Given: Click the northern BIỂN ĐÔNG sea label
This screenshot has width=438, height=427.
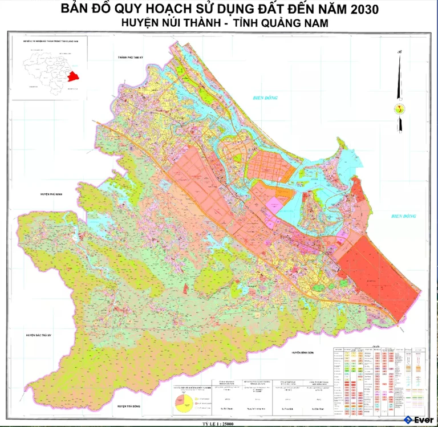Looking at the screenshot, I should click(265, 98).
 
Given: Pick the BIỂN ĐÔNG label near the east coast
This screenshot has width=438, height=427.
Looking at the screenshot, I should click(404, 217).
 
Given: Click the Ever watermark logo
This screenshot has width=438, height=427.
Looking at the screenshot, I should click(419, 420).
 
